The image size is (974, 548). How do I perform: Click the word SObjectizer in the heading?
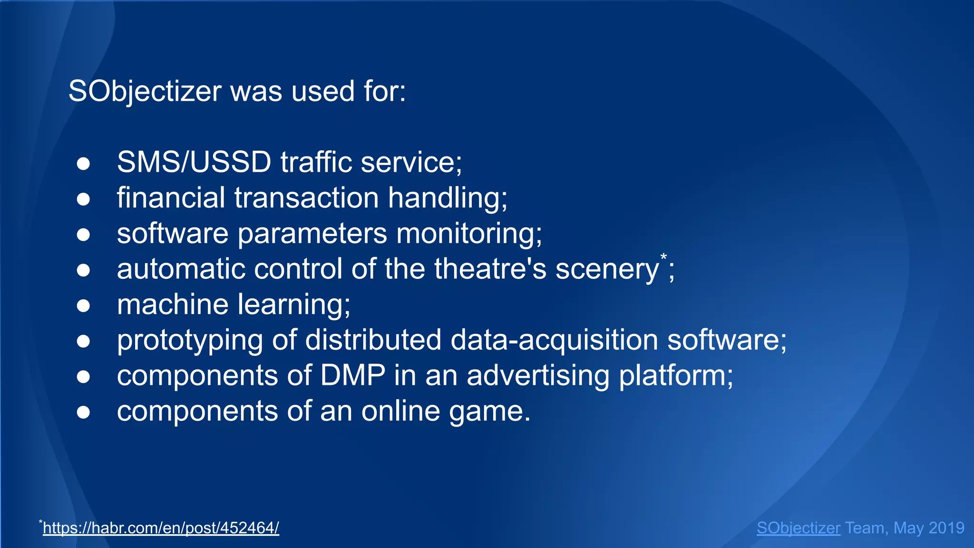pyautogui.click(x=145, y=91)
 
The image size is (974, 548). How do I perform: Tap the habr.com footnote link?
pyautogui.click(x=161, y=528)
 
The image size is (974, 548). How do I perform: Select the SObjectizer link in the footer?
pyautogui.click(x=799, y=528)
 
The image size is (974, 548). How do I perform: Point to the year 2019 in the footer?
pyautogui.click(x=946, y=528)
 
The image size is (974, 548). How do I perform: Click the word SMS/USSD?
pyautogui.click(x=194, y=162)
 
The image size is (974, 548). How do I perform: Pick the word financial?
pyautogui.click(x=171, y=198)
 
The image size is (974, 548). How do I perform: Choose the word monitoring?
pyautogui.click(x=469, y=234)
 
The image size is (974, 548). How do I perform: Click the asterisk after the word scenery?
pyautogui.click(x=663, y=257)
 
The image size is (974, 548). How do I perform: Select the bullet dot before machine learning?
pyautogui.click(x=83, y=305)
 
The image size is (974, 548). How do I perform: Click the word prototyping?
pyautogui.click(x=190, y=341)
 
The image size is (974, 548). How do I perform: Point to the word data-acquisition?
pyautogui.click(x=554, y=341)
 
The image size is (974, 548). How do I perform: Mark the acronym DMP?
pyautogui.click(x=352, y=376)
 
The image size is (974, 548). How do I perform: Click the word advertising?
pyautogui.click(x=538, y=376)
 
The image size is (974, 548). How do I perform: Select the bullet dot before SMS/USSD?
pyautogui.click(x=83, y=164)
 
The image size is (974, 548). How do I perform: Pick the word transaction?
pyautogui.click(x=307, y=198)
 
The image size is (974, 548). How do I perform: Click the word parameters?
pyautogui.click(x=312, y=234)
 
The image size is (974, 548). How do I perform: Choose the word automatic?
pyautogui.click(x=181, y=269)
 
